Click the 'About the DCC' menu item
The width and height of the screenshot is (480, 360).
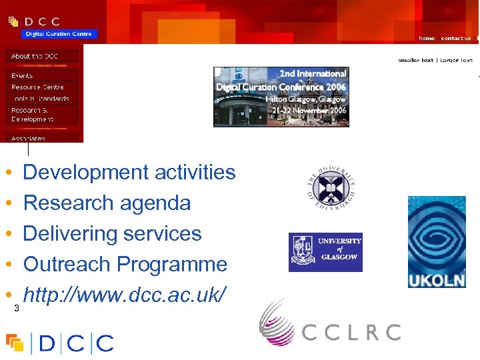point(35,57)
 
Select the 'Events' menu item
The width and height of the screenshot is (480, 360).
point(22,76)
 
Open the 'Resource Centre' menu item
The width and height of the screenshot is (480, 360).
point(37,87)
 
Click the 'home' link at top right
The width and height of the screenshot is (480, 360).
point(427,39)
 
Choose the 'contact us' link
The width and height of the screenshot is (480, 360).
point(456,39)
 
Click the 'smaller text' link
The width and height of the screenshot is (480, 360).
point(416,60)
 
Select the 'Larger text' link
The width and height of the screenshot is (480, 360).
point(457,60)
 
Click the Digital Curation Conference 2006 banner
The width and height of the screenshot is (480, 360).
point(281,97)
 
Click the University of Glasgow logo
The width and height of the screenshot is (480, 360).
point(325,252)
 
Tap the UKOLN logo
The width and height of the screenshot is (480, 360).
point(437,242)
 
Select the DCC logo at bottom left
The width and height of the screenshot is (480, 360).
point(60,343)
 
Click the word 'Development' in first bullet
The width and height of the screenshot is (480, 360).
point(86,173)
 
